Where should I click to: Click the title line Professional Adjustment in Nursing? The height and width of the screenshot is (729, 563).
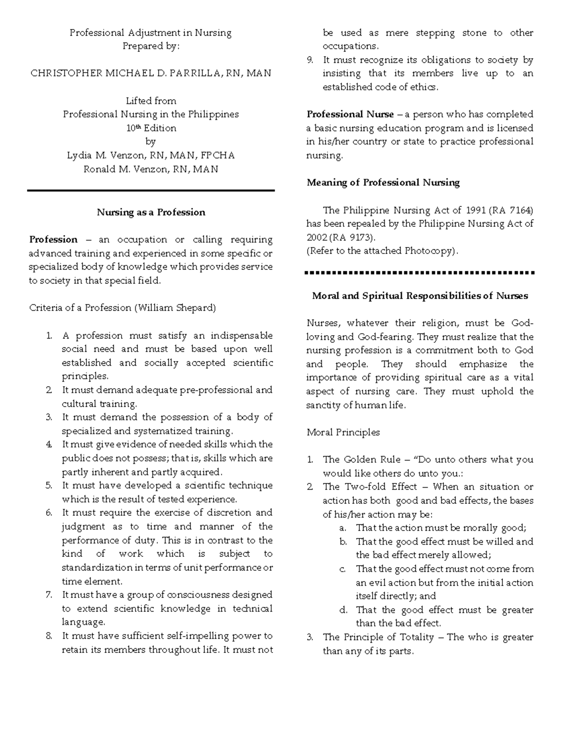pos(151,33)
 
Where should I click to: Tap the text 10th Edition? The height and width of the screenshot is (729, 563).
pos(151,128)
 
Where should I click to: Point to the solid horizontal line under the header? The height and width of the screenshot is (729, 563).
pos(151,191)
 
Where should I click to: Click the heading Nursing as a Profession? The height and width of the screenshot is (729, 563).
pos(151,212)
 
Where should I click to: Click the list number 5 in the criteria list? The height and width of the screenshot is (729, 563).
pos(49,486)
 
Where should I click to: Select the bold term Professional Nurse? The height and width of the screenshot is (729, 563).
pos(350,115)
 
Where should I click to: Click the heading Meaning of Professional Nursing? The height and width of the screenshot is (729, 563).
pos(383,183)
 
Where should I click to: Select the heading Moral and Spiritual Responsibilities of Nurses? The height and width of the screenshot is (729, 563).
pos(420,296)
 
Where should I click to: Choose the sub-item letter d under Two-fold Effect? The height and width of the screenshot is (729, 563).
pos(343,610)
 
